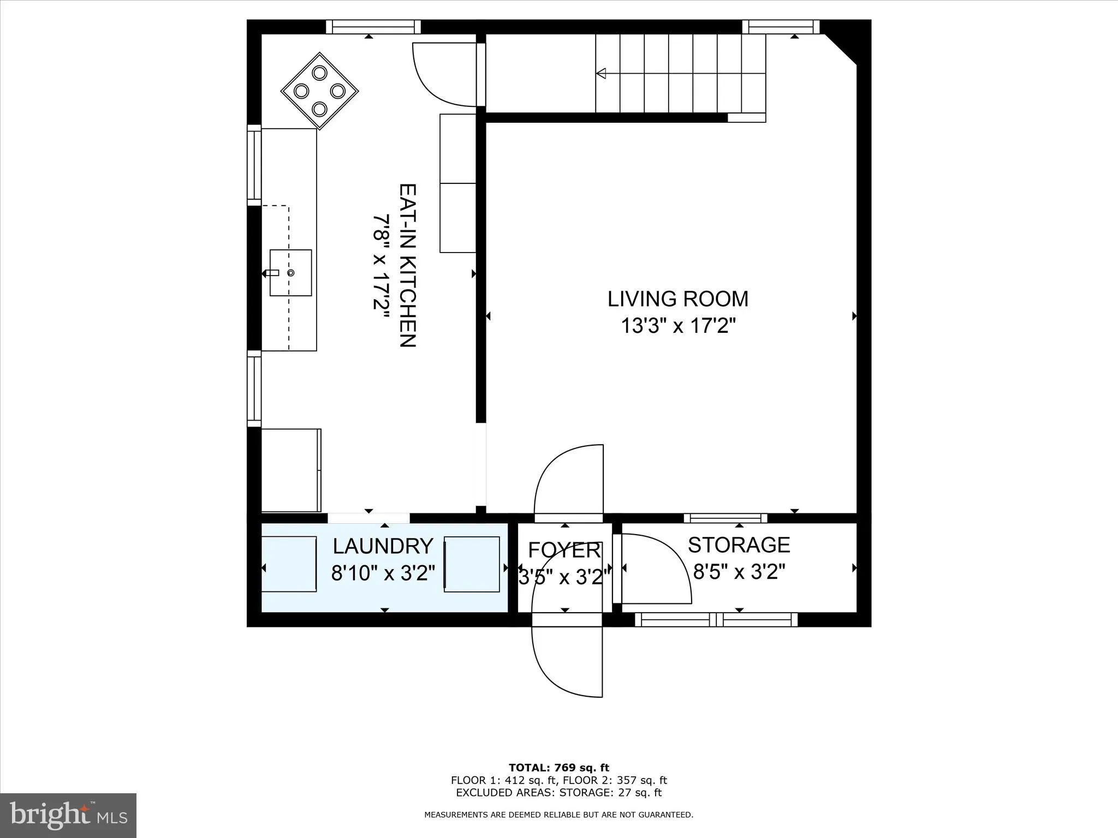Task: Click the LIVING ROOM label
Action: point(677,299)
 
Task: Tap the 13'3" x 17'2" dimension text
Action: point(677,326)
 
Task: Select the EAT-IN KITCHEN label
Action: point(408,265)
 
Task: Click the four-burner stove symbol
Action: point(319,91)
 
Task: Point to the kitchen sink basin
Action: point(291,273)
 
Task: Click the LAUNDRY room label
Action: point(383,546)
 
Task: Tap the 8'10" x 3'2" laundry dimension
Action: point(383,573)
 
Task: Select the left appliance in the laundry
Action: point(289,564)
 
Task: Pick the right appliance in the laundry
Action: point(472,564)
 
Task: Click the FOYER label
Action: point(564,550)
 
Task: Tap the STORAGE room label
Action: point(739,545)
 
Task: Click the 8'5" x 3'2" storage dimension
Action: point(739,572)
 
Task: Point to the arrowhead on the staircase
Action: point(601,73)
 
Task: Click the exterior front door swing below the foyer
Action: point(568,663)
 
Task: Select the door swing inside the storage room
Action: point(655,570)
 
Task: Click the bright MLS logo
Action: point(68,815)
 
